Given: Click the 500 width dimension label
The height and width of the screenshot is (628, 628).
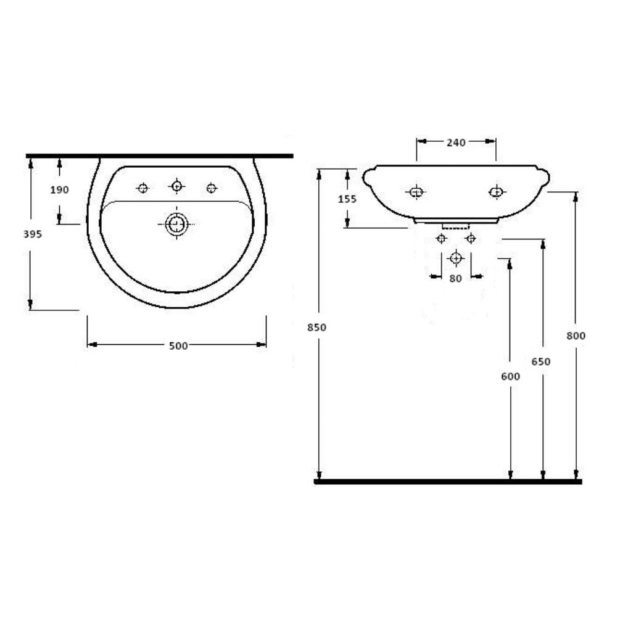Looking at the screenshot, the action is tap(178, 345).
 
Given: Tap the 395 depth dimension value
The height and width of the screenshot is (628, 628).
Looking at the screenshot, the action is tap(33, 234).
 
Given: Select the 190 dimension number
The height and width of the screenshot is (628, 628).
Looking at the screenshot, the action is tap(59, 189).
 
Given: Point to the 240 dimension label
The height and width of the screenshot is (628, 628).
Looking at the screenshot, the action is tap(456, 143).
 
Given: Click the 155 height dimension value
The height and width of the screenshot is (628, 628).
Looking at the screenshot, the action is tap(347, 199).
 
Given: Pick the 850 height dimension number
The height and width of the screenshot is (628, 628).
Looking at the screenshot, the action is tap(317, 327).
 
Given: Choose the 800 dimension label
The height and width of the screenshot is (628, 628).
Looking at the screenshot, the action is tap(576, 336).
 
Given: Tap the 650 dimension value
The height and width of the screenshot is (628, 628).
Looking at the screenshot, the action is tap(541, 362).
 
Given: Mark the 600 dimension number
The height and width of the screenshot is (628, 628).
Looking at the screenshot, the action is tap(511, 376).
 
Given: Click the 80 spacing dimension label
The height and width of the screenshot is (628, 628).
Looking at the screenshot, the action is tap(456, 278).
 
